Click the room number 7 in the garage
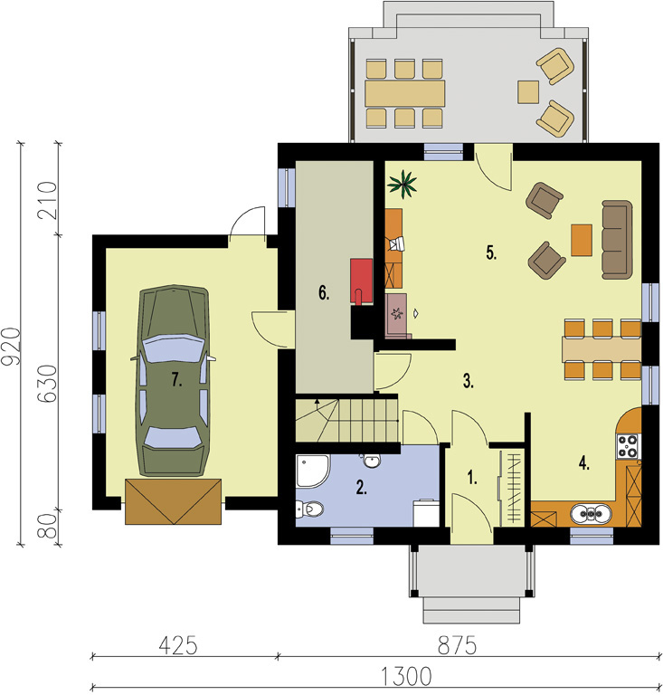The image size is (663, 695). (x=176, y=380)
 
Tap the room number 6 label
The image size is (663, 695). (x=324, y=293)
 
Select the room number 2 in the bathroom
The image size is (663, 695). (x=362, y=488)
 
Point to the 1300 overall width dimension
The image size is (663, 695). (x=406, y=676)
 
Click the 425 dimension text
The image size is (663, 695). (x=178, y=645)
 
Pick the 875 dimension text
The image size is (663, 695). (x=457, y=645)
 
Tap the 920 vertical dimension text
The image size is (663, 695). (x=11, y=347)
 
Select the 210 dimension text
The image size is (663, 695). (x=48, y=200)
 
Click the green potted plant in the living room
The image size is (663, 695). (x=403, y=184)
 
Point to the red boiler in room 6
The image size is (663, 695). (x=361, y=281)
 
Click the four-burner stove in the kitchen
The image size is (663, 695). (x=629, y=446)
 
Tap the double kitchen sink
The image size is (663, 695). (x=592, y=514)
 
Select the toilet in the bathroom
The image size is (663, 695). (x=309, y=509)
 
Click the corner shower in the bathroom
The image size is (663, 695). (x=312, y=471)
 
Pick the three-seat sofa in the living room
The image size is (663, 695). (x=617, y=240)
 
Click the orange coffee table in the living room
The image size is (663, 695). (x=582, y=240)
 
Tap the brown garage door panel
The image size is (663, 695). (x=173, y=501)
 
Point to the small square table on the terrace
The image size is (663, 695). (x=528, y=92)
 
